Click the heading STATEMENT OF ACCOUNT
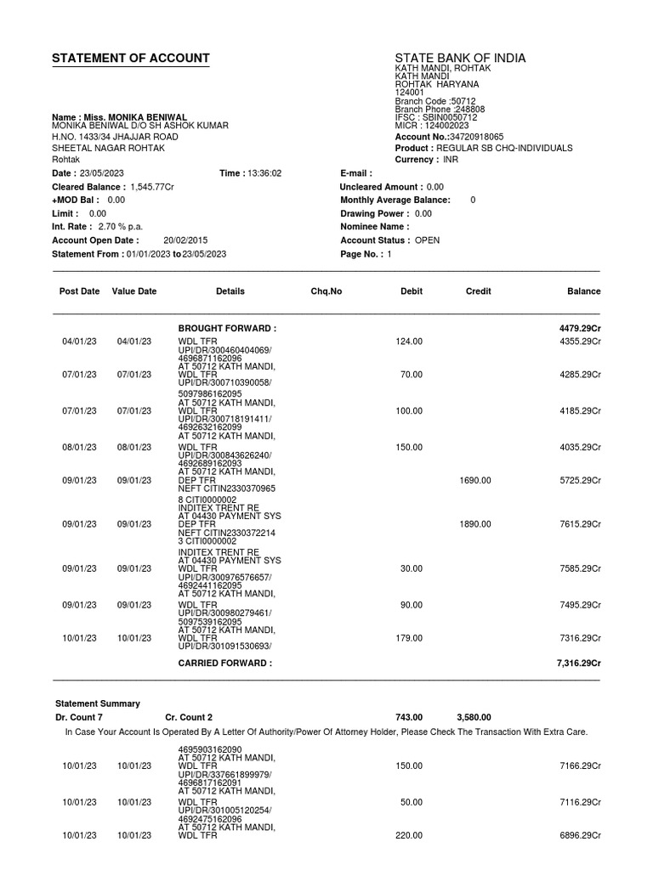130,59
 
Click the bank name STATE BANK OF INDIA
460,59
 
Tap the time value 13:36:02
264,173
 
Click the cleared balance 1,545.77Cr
151,187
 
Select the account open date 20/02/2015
185,240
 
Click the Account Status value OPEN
427,240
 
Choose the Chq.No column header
326,291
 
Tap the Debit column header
412,291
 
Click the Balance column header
583,291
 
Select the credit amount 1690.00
475,480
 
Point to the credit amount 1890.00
475,524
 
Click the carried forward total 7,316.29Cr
578,664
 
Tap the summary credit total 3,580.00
474,718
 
